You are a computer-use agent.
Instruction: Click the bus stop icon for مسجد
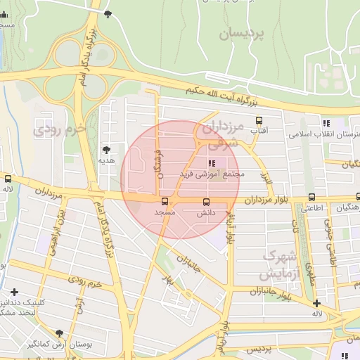point(165,202)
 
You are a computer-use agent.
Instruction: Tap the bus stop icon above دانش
point(206,202)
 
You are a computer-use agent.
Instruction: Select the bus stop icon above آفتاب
point(259,120)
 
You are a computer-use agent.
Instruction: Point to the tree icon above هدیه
point(106,150)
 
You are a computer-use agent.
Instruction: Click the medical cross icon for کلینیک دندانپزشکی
point(14,292)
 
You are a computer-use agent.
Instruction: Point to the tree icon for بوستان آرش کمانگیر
point(59,333)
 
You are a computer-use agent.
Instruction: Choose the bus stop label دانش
point(206,212)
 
